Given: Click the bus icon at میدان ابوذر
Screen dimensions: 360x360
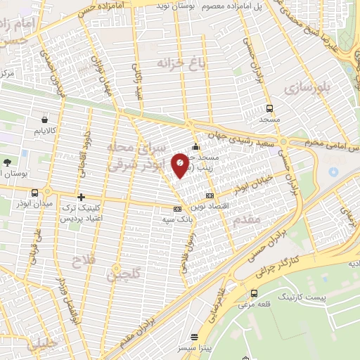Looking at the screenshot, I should [34, 193].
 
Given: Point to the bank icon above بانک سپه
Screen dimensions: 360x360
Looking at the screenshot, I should [176, 208].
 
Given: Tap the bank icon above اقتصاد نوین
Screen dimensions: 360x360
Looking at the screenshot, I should [209, 195].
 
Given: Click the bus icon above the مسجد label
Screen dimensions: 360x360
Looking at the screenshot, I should [270, 108].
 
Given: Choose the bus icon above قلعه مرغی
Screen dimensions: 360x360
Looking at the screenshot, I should [254, 293].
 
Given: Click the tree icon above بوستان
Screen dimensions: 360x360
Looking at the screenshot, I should [7, 162].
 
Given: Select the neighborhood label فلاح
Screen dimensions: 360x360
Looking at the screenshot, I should [78, 264].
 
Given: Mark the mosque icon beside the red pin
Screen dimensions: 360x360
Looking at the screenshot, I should [195, 147].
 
